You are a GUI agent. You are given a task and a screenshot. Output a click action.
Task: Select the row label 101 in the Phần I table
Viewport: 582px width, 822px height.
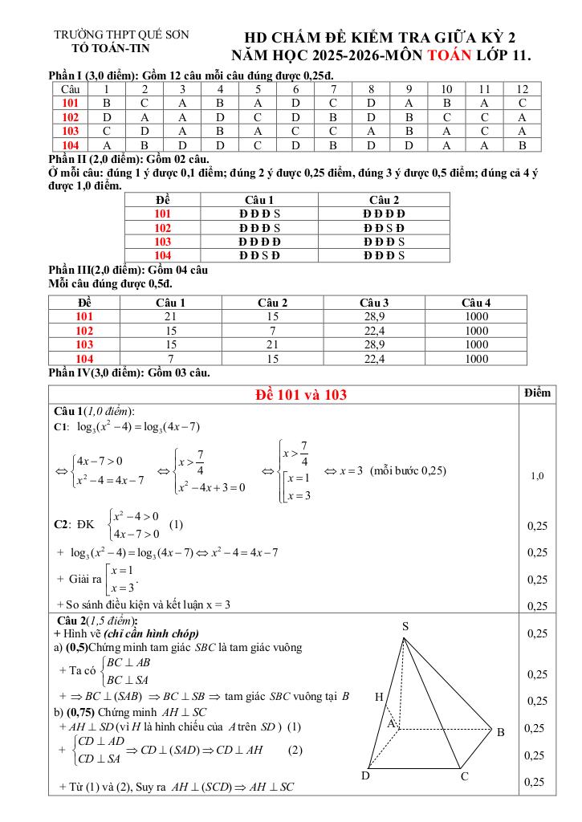[70, 103]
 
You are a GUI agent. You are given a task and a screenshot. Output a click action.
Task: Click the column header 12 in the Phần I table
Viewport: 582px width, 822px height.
[522, 89]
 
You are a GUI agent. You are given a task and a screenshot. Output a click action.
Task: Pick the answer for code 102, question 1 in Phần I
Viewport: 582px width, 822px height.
[107, 116]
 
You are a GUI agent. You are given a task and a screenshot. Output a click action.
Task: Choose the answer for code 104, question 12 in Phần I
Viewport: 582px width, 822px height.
[522, 145]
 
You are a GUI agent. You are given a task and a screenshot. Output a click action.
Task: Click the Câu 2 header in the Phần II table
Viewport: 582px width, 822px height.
[384, 200]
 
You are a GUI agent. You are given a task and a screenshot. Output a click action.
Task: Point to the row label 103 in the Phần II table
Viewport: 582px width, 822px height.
[163, 242]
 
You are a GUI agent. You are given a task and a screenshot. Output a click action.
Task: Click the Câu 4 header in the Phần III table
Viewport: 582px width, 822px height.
[476, 303]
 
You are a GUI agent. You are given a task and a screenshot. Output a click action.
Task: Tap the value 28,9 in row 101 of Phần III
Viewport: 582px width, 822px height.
[375, 316]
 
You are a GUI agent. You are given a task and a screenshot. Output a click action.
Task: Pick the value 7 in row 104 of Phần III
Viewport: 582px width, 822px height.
[170, 359]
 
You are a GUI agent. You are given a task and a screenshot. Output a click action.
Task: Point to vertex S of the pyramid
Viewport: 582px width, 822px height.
[405, 626]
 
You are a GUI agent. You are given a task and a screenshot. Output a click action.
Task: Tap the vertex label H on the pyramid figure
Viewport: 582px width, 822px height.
[379, 698]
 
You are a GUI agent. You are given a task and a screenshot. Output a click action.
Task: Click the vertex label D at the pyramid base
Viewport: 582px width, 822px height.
[365, 775]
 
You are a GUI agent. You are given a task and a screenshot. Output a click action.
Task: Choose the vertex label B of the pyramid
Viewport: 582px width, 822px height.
[500, 732]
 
